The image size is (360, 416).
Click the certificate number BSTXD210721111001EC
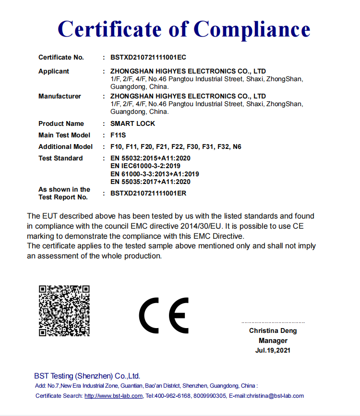point(148,57)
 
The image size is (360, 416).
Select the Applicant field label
point(54,71)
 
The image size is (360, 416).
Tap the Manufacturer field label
point(60,96)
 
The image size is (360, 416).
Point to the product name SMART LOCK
point(132,123)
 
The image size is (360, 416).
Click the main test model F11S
point(118,135)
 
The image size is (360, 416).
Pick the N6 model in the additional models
point(237,147)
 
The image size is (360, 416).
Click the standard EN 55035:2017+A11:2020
point(150,182)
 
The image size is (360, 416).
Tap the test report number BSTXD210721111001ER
point(148,193)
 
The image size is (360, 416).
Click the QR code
point(64,310)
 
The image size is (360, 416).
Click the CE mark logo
point(164,315)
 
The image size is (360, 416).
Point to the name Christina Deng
point(273,330)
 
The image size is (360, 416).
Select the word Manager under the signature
point(273,341)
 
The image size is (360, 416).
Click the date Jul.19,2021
point(273,350)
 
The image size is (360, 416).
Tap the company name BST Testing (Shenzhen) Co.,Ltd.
point(87,376)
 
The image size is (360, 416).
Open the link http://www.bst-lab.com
point(113,396)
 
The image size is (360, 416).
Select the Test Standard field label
point(60,158)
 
